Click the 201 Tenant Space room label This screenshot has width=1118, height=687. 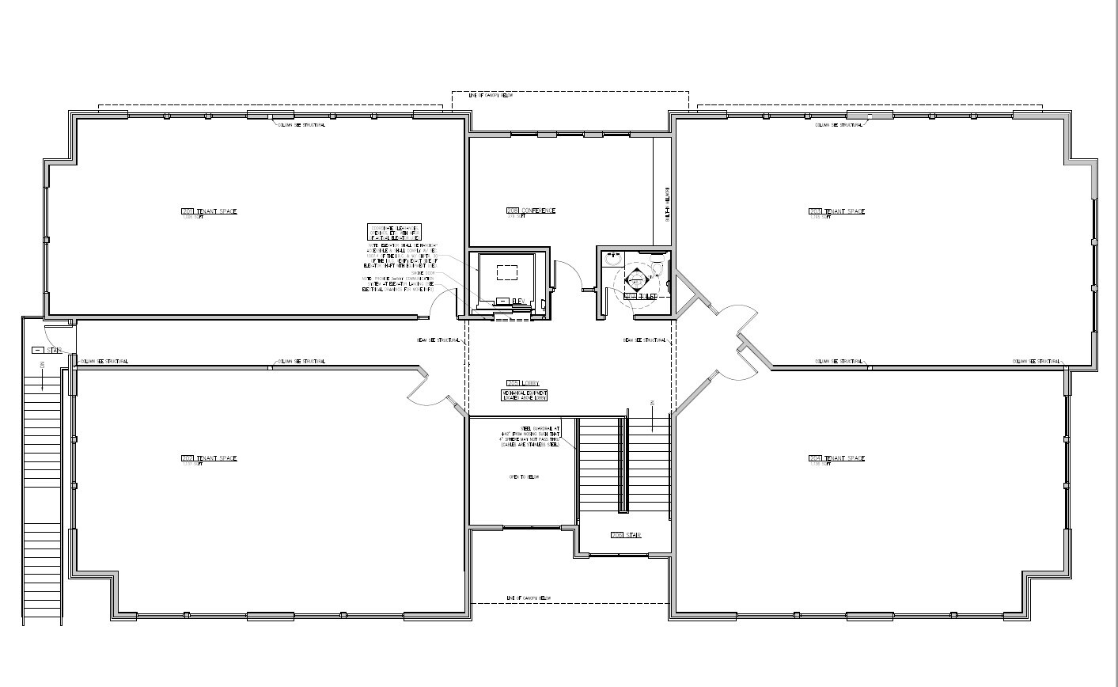coord(209,211)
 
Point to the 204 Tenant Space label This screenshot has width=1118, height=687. coord(836,458)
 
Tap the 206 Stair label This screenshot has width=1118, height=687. coord(625,536)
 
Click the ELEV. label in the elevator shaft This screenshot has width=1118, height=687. coord(519,301)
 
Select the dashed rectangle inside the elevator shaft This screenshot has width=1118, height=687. coord(506,271)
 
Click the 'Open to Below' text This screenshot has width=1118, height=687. coord(523,477)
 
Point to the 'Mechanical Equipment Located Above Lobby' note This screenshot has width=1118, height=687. coord(524,395)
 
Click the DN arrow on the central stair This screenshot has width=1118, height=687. coord(651,415)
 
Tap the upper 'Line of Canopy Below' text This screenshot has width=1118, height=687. coord(491,95)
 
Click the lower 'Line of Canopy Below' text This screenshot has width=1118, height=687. coord(528,598)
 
